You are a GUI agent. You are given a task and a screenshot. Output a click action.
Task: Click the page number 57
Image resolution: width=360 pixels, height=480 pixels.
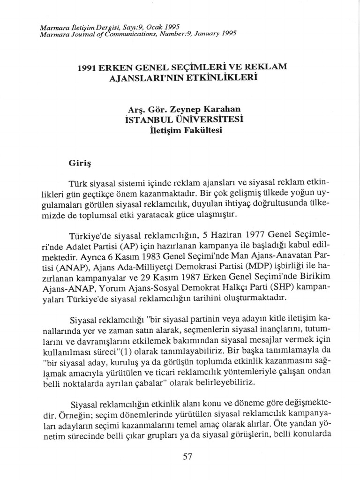coord(187,457)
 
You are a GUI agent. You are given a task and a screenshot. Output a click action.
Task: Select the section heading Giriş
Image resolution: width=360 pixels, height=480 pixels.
coord(79,164)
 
